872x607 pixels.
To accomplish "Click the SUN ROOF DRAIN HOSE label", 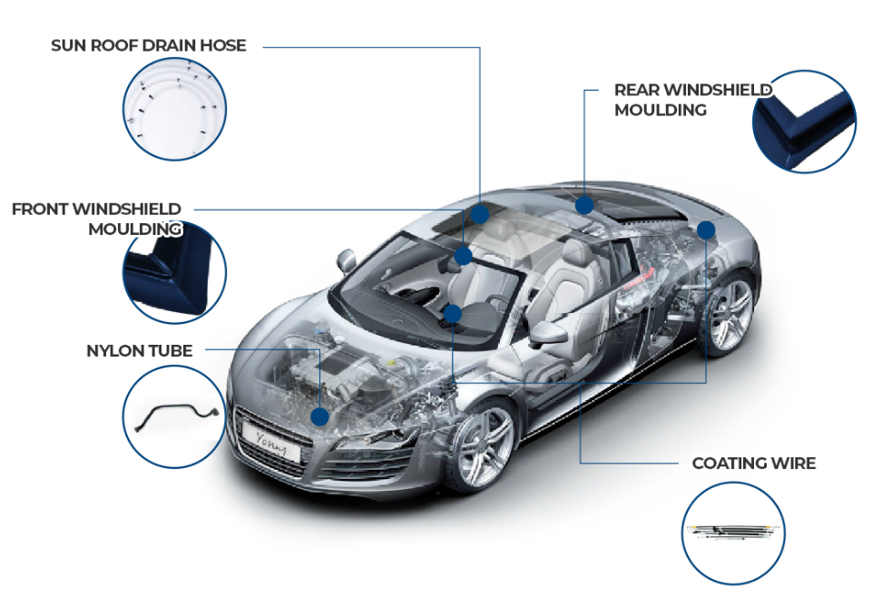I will click(x=148, y=45).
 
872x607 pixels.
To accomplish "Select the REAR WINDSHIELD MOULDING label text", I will click(x=692, y=100).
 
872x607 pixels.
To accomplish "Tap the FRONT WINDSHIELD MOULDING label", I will click(x=97, y=220).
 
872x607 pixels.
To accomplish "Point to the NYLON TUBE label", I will click(x=139, y=350).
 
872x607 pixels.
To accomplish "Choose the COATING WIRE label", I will click(x=753, y=464).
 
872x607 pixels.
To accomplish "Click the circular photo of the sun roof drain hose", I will click(x=175, y=108).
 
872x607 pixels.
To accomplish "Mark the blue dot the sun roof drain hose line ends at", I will click(x=480, y=214).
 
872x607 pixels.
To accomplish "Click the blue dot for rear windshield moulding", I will click(x=584, y=206).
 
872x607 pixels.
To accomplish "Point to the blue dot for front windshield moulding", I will click(x=464, y=256).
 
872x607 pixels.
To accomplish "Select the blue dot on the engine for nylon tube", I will click(x=319, y=416).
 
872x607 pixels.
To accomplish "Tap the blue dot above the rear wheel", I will click(x=706, y=230).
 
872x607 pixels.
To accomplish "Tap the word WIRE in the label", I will click(x=791, y=464).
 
